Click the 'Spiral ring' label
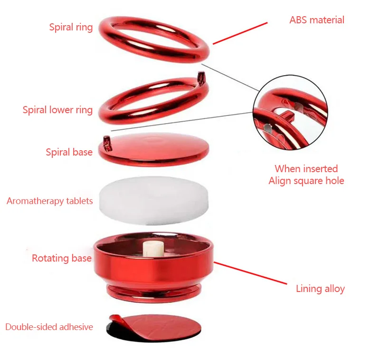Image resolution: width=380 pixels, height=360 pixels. (x=71, y=27)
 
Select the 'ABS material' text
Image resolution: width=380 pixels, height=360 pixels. (x=317, y=20)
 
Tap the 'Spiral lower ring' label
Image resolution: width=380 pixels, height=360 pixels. (x=57, y=110)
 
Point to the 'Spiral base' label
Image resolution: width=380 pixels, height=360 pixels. (x=69, y=152)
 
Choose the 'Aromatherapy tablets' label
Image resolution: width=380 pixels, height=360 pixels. (x=50, y=201)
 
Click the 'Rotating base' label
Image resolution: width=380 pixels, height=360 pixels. (x=62, y=258)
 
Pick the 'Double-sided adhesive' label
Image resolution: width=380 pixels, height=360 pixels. (x=49, y=327)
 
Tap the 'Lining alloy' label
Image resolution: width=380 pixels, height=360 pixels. (x=320, y=289)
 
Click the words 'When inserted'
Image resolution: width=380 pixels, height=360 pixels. (x=306, y=169)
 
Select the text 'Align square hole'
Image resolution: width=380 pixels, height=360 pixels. (x=306, y=181)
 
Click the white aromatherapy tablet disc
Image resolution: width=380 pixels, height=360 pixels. (x=153, y=200)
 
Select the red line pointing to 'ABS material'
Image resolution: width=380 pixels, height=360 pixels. (x=240, y=33)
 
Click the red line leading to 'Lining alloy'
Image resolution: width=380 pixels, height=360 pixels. (x=250, y=273)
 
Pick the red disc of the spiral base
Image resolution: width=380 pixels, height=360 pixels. (x=153, y=149)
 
